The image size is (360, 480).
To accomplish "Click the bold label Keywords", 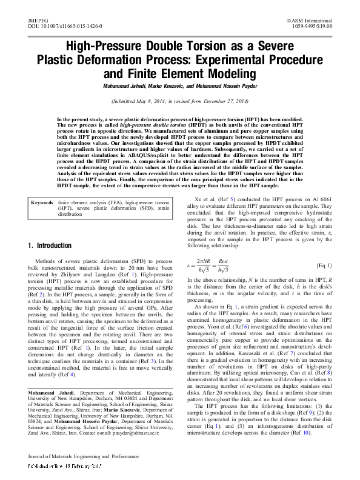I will coord(42,167).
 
